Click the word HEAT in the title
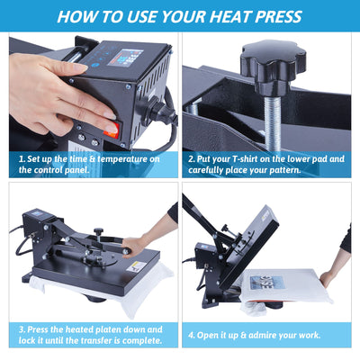[x=229, y=16]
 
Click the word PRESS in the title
[x=278, y=16]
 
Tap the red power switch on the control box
[x=112, y=130]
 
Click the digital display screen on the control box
[x=125, y=58]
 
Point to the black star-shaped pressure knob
[x=273, y=67]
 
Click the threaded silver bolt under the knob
[x=273, y=122]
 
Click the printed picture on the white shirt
[x=267, y=283]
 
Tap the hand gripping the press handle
[x=135, y=247]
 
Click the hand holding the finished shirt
[x=329, y=278]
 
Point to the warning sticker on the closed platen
[x=137, y=266]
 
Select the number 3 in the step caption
[x=22, y=329]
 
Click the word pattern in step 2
[x=285, y=170]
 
